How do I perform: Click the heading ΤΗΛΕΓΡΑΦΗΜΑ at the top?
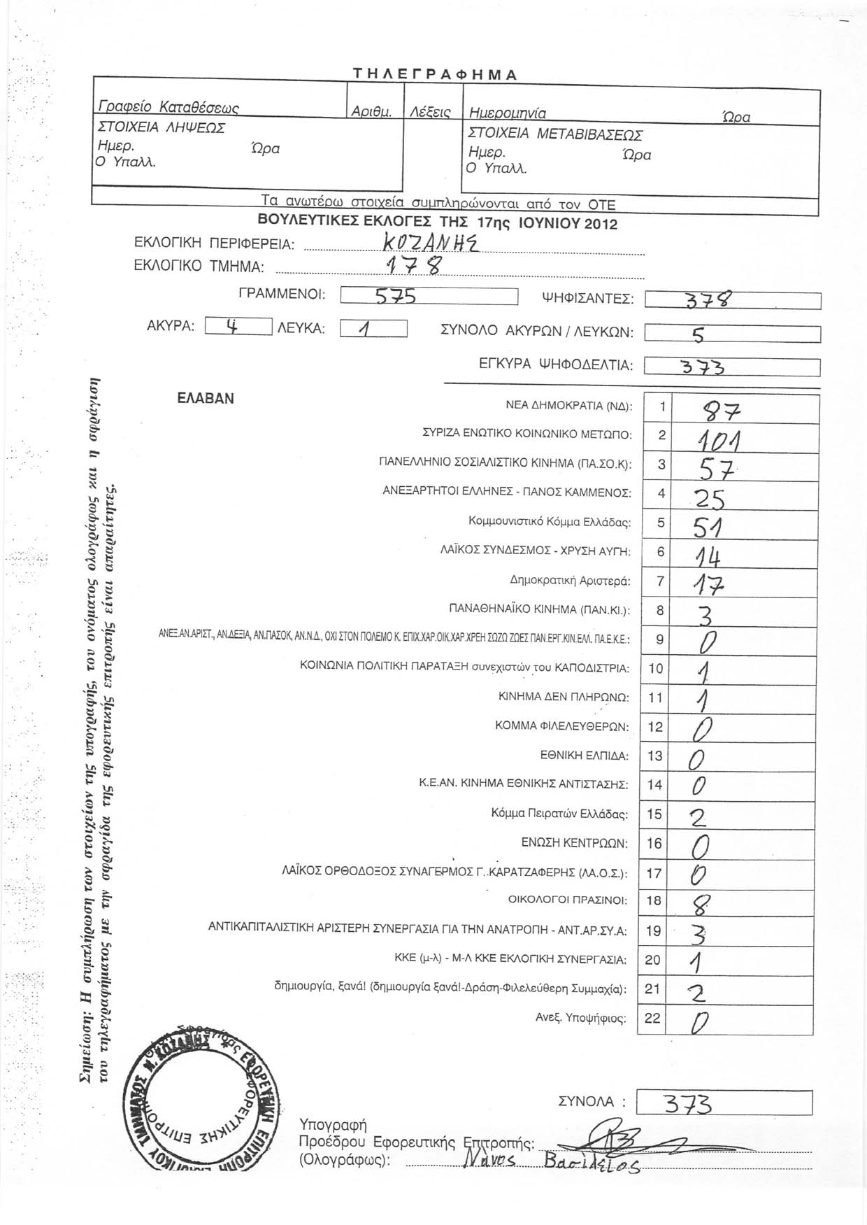(x=434, y=75)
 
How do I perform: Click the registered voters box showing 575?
(x=428, y=297)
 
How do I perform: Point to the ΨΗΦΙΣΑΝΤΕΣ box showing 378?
(x=731, y=300)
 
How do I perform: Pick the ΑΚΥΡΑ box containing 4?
(x=238, y=327)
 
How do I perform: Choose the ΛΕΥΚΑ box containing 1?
(x=373, y=328)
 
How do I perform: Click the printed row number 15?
(x=654, y=814)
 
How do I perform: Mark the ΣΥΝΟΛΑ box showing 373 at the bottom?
(x=726, y=1104)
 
